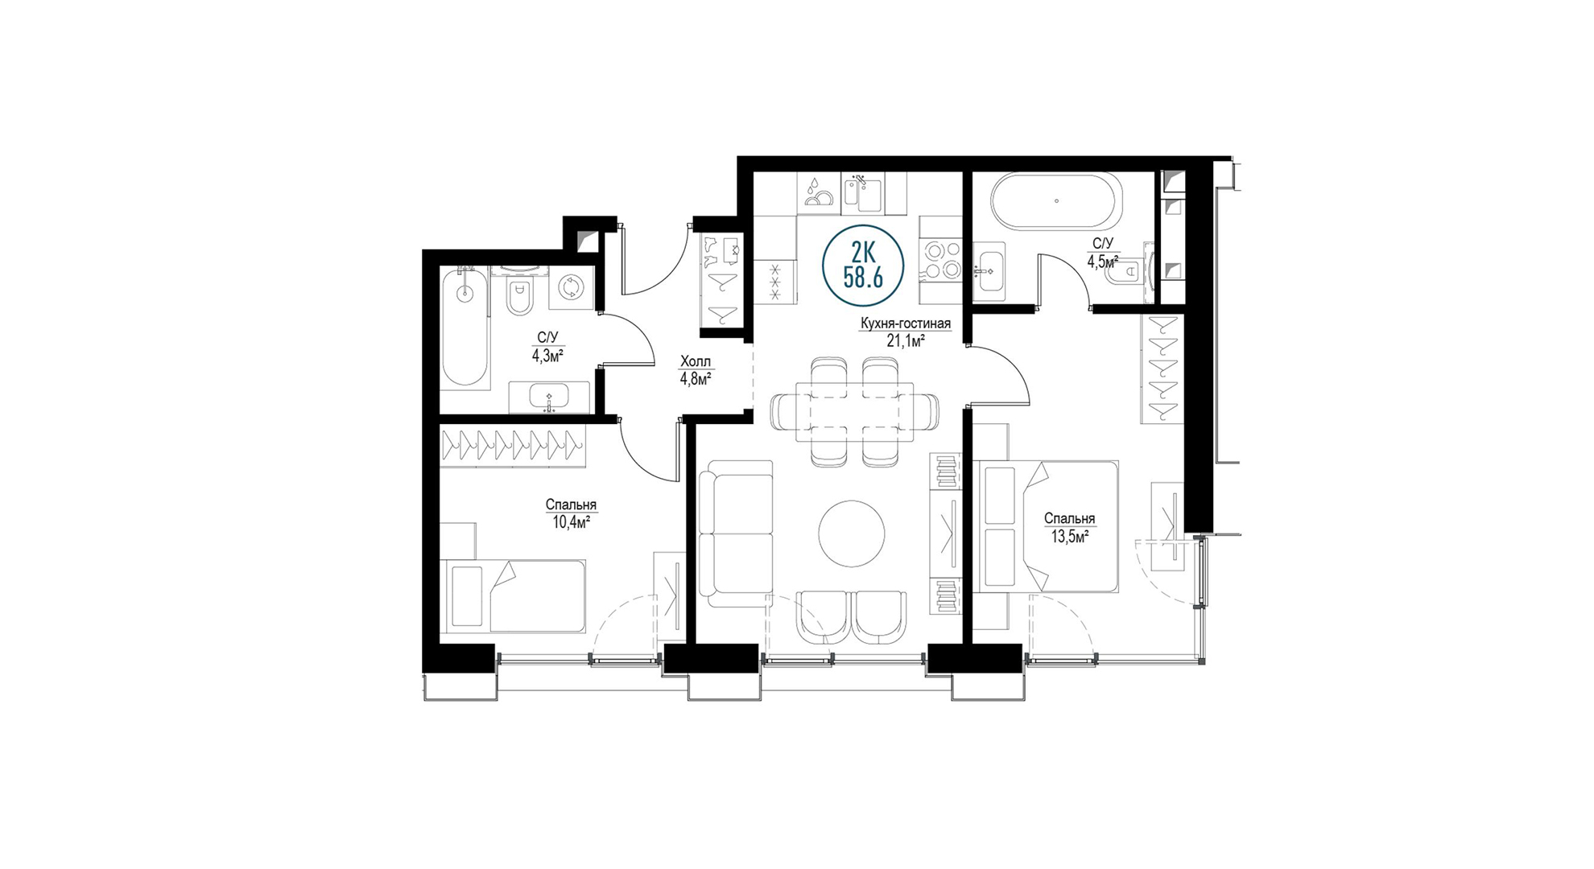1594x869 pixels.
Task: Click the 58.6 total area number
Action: (863, 278)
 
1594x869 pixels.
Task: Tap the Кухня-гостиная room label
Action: (906, 323)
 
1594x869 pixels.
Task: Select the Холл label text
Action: (696, 362)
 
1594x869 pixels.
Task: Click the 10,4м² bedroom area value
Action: (571, 521)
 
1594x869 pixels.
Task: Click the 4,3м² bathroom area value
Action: (547, 356)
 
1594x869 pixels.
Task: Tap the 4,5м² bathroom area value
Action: (1103, 262)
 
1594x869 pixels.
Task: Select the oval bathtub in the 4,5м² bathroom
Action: (1055, 201)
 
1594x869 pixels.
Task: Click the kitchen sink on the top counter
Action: (862, 194)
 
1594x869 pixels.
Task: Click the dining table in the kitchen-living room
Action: (855, 411)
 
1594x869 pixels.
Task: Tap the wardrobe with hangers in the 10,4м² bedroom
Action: (512, 445)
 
